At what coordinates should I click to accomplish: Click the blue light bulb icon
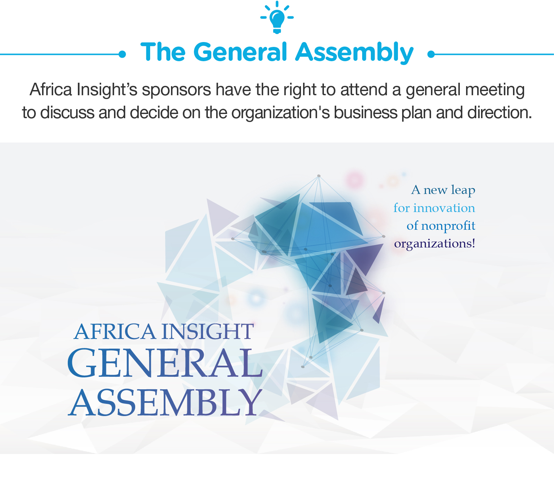(277, 18)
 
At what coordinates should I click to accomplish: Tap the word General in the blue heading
(241, 52)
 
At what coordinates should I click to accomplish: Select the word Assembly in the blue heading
(355, 53)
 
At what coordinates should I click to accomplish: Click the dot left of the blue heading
(122, 54)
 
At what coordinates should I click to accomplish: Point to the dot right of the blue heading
(431, 54)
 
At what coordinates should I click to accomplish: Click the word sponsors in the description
(177, 90)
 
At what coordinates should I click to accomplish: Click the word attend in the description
(364, 90)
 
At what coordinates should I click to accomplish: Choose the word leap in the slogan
(463, 190)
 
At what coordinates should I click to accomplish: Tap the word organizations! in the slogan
(434, 244)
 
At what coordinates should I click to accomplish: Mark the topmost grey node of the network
(319, 176)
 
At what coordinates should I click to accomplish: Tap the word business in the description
(365, 113)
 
